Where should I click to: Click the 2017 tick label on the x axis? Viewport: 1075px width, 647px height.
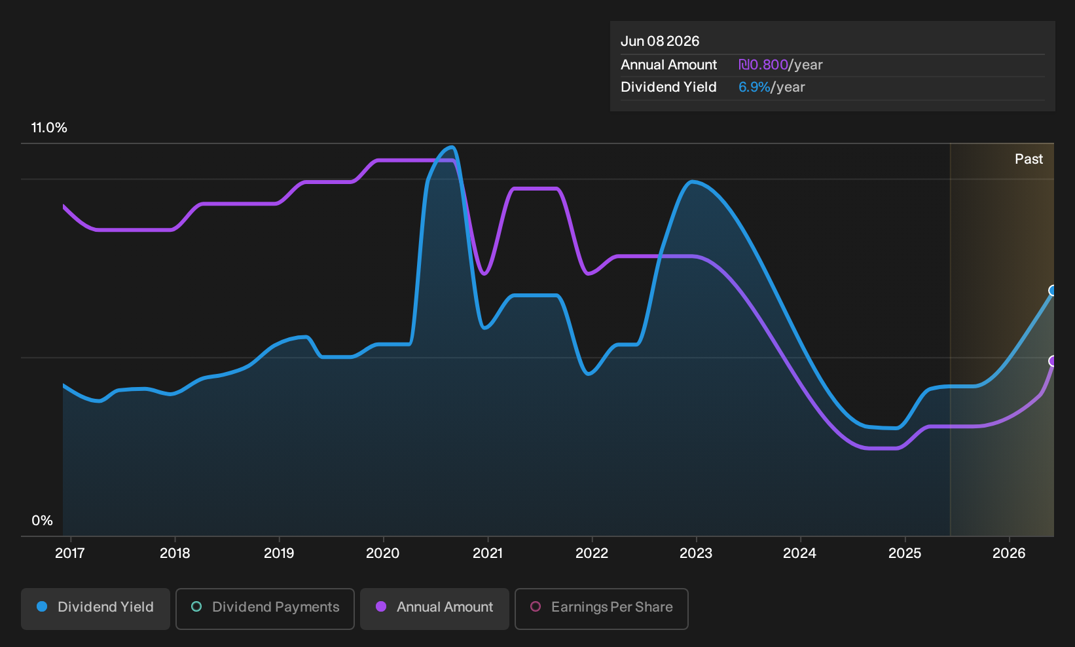click(69, 553)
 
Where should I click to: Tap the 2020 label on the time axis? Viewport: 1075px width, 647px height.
click(382, 553)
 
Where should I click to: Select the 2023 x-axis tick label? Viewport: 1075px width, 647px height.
click(696, 553)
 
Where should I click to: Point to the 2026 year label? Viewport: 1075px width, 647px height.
click(1009, 553)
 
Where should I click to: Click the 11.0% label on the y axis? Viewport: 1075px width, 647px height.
click(49, 128)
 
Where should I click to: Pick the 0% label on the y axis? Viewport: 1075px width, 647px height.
click(43, 521)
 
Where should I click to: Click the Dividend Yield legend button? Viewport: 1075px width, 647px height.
click(96, 608)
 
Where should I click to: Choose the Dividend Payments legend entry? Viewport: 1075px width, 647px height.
click(265, 608)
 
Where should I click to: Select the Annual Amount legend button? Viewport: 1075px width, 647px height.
click(434, 608)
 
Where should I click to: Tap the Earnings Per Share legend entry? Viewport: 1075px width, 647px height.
click(601, 608)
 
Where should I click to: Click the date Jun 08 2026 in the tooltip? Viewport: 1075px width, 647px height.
click(660, 41)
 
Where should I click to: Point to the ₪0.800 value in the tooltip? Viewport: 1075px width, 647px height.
click(763, 65)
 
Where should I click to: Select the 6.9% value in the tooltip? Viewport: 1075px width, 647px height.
click(754, 87)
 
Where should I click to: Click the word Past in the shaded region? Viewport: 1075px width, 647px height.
click(1029, 159)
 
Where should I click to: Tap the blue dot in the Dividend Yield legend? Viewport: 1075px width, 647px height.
click(43, 606)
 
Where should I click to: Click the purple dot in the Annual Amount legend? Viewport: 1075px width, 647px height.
click(381, 606)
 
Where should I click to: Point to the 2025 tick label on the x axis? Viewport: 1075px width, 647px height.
click(905, 553)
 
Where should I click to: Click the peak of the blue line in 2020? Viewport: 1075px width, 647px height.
click(451, 147)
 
